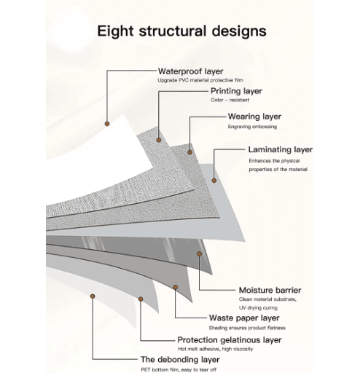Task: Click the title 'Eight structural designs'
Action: point(181,31)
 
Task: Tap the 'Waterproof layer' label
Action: point(191,71)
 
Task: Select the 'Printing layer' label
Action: point(236,91)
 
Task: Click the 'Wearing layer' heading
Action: point(254,117)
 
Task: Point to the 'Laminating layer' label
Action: point(281,149)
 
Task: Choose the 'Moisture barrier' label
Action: point(270,290)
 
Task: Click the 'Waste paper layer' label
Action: point(244,318)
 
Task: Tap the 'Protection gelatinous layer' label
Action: point(230,340)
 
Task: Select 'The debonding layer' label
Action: point(180,360)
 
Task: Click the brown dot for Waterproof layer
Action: point(107,124)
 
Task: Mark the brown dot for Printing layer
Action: point(159,140)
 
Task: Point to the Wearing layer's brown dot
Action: point(190,152)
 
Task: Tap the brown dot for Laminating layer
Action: point(214,181)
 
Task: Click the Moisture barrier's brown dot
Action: point(199,254)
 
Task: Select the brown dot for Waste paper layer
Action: point(176,288)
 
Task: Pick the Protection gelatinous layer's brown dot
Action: point(141,299)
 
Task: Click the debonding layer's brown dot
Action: point(93,296)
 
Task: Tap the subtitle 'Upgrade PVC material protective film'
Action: point(200,80)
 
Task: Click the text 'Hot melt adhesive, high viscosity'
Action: point(216,349)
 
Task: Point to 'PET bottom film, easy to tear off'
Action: point(179,370)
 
